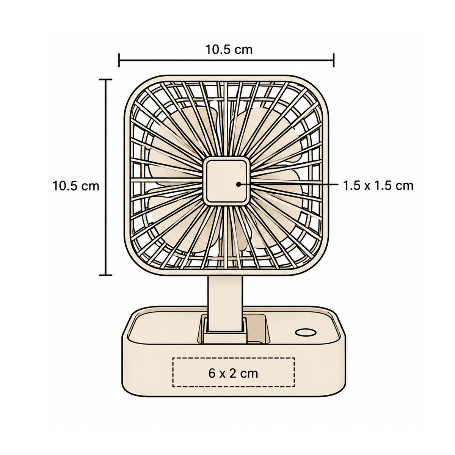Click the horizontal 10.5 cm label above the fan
coord(229,50)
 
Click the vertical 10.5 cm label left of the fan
coord(75,186)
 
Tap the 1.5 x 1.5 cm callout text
coord(378,186)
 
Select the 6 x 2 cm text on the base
coord(233,373)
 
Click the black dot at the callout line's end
coord(239,184)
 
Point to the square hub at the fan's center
coord(226,181)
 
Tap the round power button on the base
coord(306,333)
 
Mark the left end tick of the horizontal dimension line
coord(119,60)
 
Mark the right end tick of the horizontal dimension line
coord(333,60)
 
